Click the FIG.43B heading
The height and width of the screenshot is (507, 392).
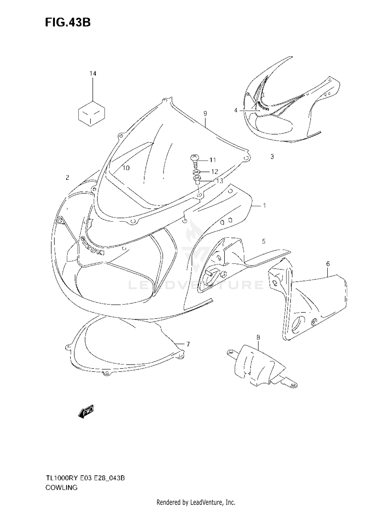click(x=68, y=22)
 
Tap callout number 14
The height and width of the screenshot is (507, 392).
click(x=93, y=73)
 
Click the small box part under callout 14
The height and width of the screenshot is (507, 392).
click(x=91, y=114)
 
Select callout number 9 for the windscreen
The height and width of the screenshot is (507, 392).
click(x=205, y=113)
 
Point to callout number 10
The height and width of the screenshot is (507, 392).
click(x=126, y=168)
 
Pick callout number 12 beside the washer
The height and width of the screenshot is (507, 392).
click(x=215, y=172)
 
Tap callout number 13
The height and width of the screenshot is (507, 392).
click(x=220, y=181)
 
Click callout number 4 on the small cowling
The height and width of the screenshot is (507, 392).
click(x=236, y=110)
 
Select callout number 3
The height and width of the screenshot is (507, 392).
click(x=272, y=156)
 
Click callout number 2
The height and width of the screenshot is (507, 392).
click(x=67, y=178)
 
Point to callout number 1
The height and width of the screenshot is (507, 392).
click(x=264, y=206)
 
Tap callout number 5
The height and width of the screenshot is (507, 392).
click(x=264, y=241)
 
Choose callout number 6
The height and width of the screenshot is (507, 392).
click(x=328, y=264)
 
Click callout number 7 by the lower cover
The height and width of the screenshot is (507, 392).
click(x=188, y=344)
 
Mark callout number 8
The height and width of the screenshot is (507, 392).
click(x=258, y=337)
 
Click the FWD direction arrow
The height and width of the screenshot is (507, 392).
click(x=86, y=412)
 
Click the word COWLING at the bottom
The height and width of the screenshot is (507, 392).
click(x=61, y=487)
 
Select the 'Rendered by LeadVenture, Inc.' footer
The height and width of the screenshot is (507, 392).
click(x=196, y=502)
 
